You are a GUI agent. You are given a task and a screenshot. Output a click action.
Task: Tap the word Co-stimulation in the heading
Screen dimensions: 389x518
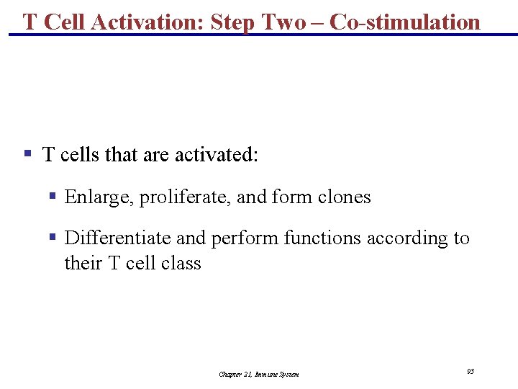pyautogui.click(x=404, y=22)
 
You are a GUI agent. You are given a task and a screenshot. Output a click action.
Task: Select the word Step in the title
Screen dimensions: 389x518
pyautogui.click(x=233, y=22)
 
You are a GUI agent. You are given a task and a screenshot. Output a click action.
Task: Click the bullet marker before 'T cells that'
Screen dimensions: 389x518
pyautogui.click(x=27, y=153)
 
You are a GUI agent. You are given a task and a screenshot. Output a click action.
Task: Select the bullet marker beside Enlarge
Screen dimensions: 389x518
pyautogui.click(x=53, y=196)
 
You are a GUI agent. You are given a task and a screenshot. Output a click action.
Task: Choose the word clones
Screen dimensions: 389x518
pyautogui.click(x=344, y=197)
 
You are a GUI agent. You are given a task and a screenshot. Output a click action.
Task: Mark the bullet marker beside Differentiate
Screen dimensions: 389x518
pyautogui.click(x=53, y=237)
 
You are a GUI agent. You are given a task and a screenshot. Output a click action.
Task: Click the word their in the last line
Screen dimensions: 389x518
pyautogui.click(x=83, y=263)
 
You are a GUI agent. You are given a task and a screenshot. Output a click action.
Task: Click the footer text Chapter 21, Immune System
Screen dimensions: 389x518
pyautogui.click(x=259, y=375)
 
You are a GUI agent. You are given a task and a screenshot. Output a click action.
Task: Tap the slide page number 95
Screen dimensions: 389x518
pyautogui.click(x=470, y=371)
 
